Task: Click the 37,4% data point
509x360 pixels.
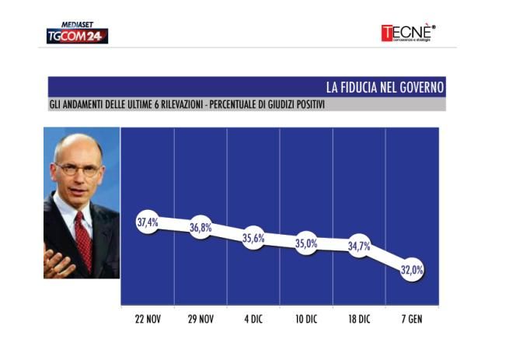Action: (x=148, y=222)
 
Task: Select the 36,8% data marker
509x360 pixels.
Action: (x=200, y=228)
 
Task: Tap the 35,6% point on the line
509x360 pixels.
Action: (x=253, y=239)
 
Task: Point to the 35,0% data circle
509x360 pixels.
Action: (x=306, y=243)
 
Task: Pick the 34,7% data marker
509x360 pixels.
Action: (x=359, y=246)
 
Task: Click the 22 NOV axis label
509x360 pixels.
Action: (x=148, y=319)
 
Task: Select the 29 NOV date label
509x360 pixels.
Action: (x=200, y=319)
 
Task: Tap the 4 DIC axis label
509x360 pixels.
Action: (x=253, y=319)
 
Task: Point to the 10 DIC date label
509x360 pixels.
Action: (x=306, y=319)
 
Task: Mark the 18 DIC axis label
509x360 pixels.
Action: (x=359, y=319)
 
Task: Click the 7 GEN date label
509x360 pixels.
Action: (x=412, y=319)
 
